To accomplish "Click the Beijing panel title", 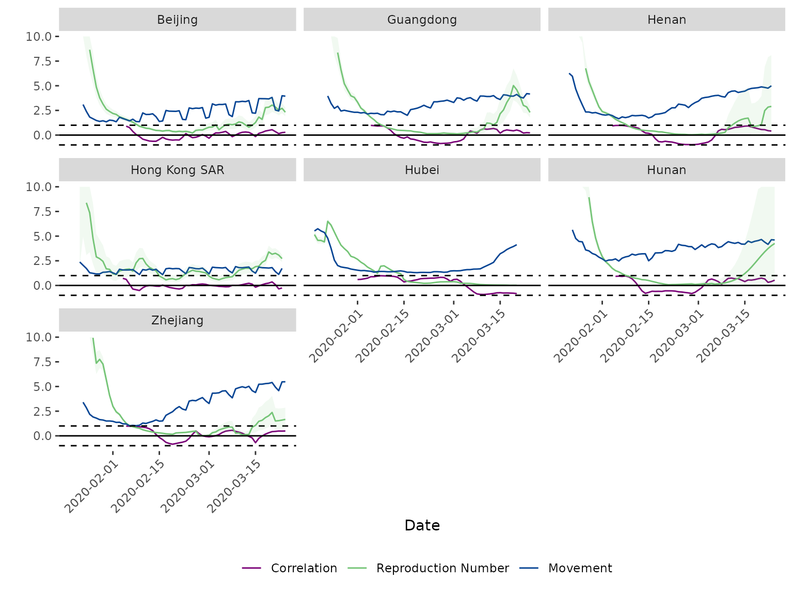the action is click(177, 20).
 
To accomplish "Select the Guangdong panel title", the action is click(422, 20).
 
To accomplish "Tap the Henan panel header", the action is click(666, 20).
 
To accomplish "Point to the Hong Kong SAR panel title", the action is click(177, 170).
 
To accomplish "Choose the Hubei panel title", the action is click(422, 170).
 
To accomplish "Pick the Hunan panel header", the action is click(666, 170).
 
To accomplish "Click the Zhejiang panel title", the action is click(177, 320).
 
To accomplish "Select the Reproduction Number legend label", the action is click(442, 568).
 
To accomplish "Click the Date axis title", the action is click(422, 525).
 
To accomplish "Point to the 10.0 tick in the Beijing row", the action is click(38, 37).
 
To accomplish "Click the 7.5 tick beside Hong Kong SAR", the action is click(42, 212).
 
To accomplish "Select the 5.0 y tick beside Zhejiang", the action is click(42, 387).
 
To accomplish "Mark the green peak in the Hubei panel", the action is click(327, 221).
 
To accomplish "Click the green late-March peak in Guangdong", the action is click(513, 85).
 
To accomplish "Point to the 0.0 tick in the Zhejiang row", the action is click(42, 436).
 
